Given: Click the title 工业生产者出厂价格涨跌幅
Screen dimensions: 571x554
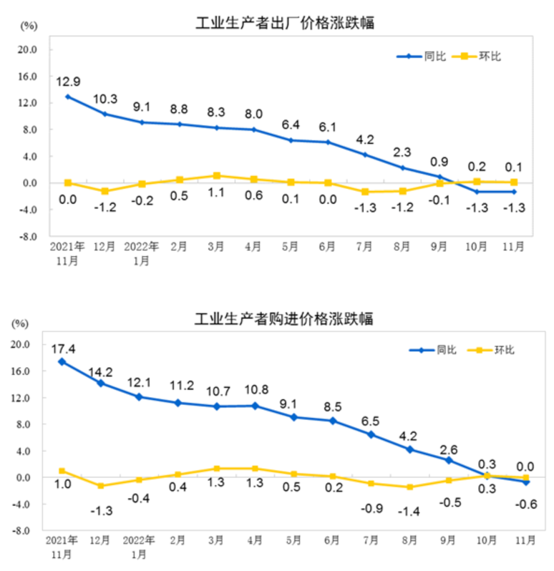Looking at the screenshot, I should (286, 23).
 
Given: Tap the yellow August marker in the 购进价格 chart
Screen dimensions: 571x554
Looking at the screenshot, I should (409, 487).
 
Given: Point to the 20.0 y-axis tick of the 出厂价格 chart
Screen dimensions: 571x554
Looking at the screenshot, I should (27, 50).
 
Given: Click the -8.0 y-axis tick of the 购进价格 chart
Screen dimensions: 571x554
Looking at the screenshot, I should (21, 532).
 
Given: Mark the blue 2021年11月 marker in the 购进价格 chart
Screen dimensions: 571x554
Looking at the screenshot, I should (62, 361).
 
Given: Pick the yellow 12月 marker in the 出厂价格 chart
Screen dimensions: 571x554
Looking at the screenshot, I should (105, 191).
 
